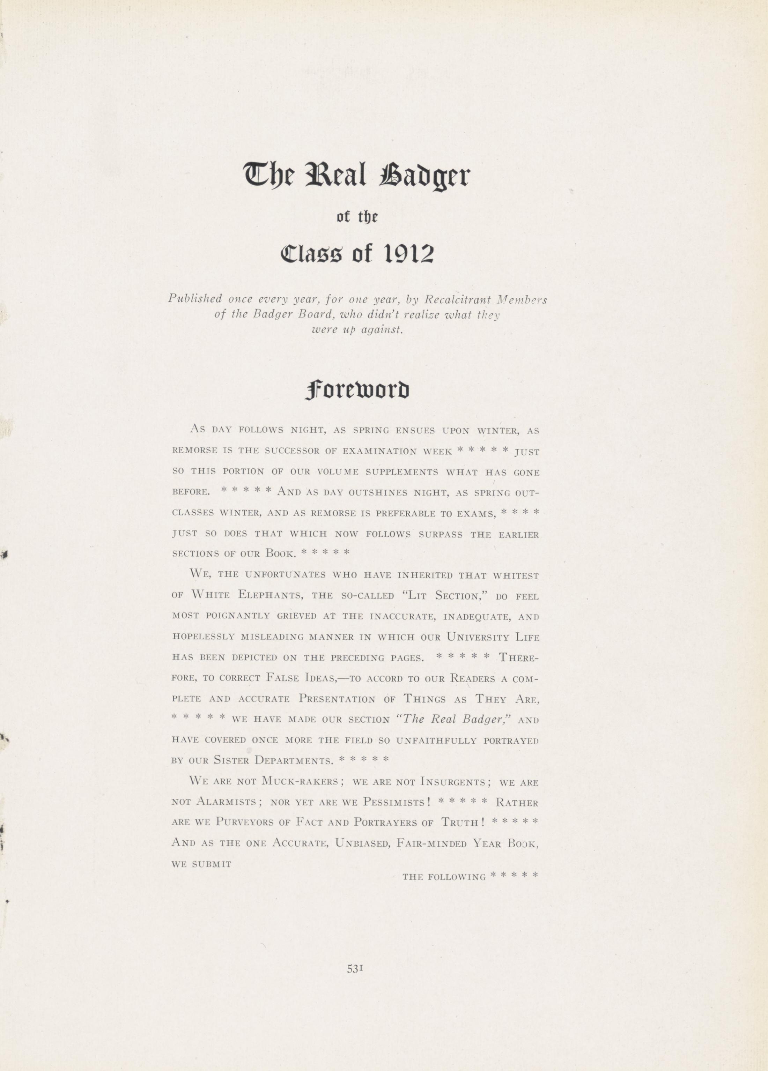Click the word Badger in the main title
[x=424, y=176]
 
